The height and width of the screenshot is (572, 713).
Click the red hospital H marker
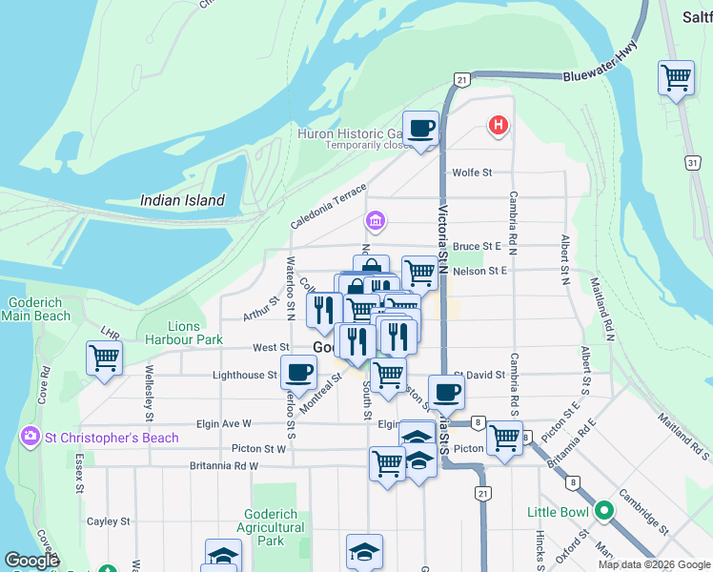pyautogui.click(x=497, y=125)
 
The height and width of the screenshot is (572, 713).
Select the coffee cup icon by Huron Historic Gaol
pyautogui.click(x=420, y=128)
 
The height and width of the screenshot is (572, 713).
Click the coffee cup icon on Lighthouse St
pyautogui.click(x=299, y=373)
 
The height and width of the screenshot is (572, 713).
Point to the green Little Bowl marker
pyautogui.click(x=603, y=512)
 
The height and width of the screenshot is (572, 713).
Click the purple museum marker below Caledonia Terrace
pyautogui.click(x=375, y=222)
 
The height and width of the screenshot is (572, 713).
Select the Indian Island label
pyautogui.click(x=182, y=200)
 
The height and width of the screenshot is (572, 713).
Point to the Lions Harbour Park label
pyautogui.click(x=183, y=333)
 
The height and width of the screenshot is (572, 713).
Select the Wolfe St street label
pyautogui.click(x=472, y=173)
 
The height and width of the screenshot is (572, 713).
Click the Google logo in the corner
pyautogui.click(x=31, y=562)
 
